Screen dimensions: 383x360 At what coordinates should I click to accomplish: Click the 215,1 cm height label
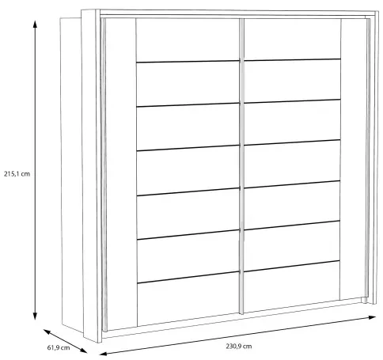point(17,174)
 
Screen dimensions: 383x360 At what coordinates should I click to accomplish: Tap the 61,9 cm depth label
point(59,347)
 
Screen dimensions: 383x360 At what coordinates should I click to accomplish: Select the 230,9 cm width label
point(238,346)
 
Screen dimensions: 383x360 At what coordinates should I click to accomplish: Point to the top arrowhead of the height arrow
point(35,24)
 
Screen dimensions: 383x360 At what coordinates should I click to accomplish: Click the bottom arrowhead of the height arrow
point(35,316)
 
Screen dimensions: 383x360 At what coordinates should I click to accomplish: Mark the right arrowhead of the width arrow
point(372,317)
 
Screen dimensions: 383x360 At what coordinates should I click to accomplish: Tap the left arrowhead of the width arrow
point(103,354)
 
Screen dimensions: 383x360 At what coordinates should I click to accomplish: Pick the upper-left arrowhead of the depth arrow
point(47,332)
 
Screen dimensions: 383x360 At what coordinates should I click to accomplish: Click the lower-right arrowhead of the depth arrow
point(83,351)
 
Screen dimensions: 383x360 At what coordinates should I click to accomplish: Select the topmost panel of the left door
point(188,40)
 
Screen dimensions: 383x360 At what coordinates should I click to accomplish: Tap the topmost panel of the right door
point(292,39)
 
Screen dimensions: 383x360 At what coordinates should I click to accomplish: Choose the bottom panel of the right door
point(292,286)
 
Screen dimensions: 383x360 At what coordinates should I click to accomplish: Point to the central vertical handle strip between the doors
point(241,166)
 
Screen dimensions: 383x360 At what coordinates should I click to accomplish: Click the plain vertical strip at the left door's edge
point(121,174)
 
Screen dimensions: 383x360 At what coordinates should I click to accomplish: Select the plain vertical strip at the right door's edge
point(353,159)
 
